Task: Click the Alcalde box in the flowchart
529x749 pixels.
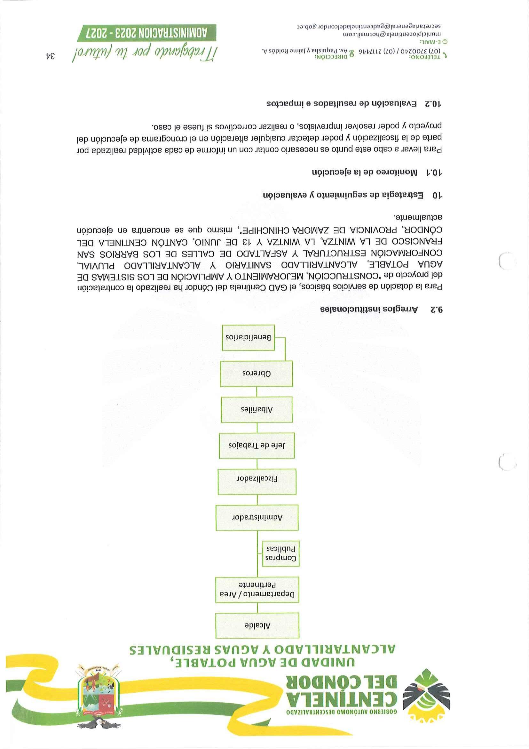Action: (x=257, y=625)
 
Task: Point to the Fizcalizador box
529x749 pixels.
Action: (x=257, y=479)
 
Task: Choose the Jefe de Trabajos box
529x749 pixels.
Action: (x=257, y=446)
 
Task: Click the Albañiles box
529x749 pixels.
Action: (x=257, y=410)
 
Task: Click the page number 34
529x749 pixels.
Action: (x=50, y=56)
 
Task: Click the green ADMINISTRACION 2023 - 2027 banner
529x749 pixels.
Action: (x=147, y=33)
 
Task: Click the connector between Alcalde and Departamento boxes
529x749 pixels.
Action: (x=257, y=608)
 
